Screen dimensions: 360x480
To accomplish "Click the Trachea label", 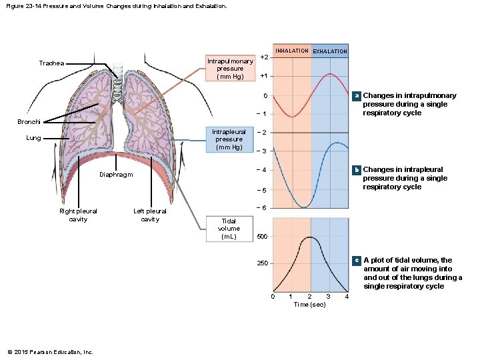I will click(51, 63).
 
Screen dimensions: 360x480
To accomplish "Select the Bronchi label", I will click(29, 122).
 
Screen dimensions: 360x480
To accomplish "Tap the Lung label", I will click(33, 138).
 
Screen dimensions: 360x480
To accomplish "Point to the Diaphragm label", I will click(116, 175).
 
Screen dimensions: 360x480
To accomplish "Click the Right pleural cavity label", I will click(78, 215).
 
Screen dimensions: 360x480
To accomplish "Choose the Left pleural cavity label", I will click(150, 215).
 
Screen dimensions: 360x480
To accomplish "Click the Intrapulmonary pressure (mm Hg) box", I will click(230, 69).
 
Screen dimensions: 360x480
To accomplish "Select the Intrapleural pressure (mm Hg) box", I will click(229, 139).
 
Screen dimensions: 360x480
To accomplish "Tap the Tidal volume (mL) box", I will click(229, 228).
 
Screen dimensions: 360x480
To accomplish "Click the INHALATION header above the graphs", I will click(292, 51).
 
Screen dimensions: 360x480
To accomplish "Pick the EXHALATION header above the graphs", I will click(330, 51).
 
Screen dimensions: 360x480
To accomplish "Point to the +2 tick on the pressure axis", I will click(265, 57).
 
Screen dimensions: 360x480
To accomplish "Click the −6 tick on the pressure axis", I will click(262, 208).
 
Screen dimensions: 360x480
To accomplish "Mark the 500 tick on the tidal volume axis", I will click(263, 237).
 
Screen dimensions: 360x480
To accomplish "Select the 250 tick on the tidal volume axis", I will click(263, 264).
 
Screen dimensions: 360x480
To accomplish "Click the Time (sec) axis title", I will click(310, 305).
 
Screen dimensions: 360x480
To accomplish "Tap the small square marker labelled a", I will click(357, 96).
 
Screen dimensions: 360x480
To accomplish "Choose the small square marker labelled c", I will click(357, 260).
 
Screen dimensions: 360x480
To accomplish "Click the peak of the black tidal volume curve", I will click(309, 237).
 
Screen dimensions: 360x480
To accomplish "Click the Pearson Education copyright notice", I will click(50, 352).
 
